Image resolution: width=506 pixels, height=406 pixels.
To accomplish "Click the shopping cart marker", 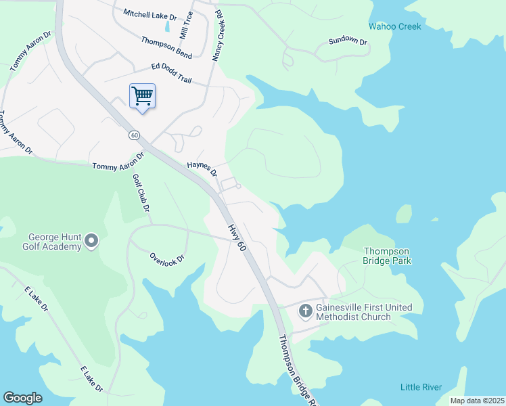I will click(x=142, y=95).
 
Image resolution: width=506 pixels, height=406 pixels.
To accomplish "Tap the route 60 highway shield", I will click(x=135, y=135).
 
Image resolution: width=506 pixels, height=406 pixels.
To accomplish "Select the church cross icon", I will click(x=305, y=311).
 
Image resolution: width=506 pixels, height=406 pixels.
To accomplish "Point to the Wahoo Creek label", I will click(x=394, y=27).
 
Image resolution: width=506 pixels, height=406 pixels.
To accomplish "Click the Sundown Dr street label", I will click(x=348, y=42).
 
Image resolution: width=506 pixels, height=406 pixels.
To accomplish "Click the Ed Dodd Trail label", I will click(x=171, y=73).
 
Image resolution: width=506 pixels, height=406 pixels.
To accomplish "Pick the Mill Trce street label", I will click(x=185, y=25).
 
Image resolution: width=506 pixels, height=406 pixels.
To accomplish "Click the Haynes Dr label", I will click(x=202, y=168).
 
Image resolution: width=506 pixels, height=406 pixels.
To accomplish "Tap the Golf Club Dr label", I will click(x=141, y=193).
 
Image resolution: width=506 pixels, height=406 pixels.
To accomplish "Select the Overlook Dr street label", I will click(x=166, y=258).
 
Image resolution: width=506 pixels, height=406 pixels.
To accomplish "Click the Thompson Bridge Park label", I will click(x=388, y=256).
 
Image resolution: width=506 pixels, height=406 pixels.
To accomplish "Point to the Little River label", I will click(x=421, y=387).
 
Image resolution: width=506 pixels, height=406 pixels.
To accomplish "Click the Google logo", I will click(x=23, y=398).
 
